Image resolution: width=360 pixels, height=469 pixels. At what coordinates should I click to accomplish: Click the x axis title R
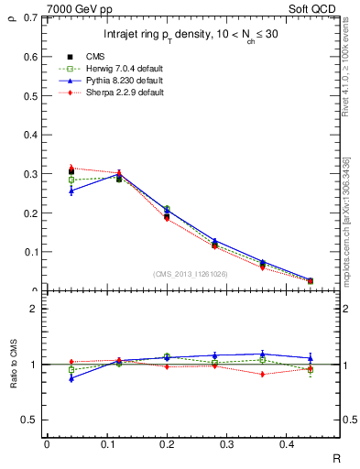click(337, 458)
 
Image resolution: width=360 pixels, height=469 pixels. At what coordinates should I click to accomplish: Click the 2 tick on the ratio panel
click(35, 309)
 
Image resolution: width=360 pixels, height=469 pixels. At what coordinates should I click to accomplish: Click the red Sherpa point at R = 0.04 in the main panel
click(71, 168)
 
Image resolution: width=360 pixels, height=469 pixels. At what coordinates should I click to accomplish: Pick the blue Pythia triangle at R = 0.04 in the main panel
click(71, 190)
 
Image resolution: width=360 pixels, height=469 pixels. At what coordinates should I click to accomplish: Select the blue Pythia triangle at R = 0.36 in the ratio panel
click(262, 354)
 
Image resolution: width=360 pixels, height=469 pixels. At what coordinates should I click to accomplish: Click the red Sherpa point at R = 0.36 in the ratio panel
click(262, 374)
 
